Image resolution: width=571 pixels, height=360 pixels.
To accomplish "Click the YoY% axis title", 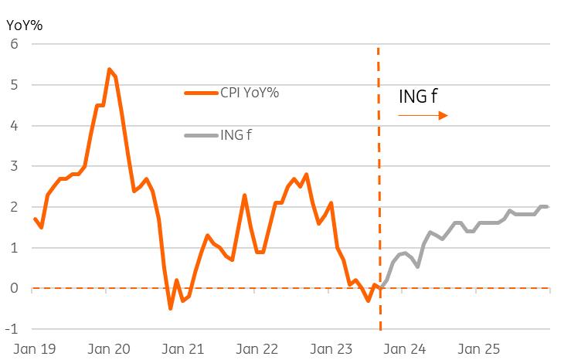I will pos(24,24).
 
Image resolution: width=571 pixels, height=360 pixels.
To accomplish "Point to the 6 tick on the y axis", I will pos(13,44).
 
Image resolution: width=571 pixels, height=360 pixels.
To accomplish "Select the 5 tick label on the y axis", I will pos(13,85).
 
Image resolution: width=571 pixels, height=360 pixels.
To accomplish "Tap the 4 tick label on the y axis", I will pos(13,126).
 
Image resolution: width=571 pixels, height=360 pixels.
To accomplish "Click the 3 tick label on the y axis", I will pos(13,166).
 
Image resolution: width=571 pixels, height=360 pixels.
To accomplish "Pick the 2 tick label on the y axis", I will pos(13,207).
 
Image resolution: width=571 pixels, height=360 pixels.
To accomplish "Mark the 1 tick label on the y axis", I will pos(13,248).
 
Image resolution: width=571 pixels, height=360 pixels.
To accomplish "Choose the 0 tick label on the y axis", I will pos(13,289).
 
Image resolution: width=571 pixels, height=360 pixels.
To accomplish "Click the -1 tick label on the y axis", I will pos(12,329).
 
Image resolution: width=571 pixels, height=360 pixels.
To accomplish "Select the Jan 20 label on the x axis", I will pos(109,349).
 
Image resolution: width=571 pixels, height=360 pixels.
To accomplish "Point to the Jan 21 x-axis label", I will pos(184,349).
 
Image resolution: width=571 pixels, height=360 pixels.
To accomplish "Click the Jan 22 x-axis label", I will pos(258,349).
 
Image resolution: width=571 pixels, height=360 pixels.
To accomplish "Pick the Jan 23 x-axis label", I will pos(332,349).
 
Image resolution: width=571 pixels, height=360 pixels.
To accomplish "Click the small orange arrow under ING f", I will pos(423,116).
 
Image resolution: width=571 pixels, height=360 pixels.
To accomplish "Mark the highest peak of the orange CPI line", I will pos(109,69).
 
